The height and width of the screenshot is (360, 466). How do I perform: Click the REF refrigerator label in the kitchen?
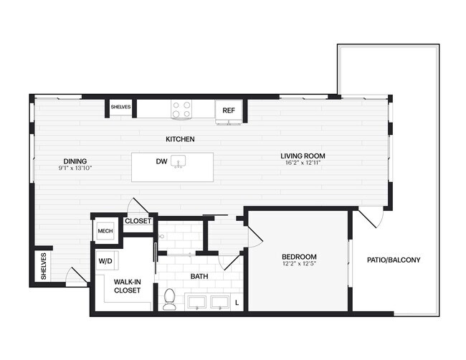[x=228, y=110]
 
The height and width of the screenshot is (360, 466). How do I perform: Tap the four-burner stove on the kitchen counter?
[x=181, y=109]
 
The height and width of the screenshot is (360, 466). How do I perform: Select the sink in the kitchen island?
[x=179, y=161]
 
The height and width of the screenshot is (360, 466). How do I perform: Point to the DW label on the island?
[x=161, y=161]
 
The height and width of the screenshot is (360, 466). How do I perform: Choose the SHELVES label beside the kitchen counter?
[x=120, y=108]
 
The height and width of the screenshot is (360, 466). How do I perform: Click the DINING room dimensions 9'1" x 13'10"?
[x=75, y=168]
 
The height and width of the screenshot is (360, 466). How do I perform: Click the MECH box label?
[x=105, y=232]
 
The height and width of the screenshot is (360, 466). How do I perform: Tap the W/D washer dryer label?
[x=105, y=260]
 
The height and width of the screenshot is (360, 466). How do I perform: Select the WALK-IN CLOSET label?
[x=127, y=287]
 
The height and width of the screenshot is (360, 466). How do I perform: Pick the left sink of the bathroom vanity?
[x=197, y=302]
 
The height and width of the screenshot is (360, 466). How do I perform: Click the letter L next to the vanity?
[x=237, y=303]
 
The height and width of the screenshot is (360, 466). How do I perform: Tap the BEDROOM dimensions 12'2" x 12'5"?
[x=299, y=265]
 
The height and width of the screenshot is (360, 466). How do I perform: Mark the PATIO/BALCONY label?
[x=394, y=260]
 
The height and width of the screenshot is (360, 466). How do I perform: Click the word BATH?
[x=199, y=275]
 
